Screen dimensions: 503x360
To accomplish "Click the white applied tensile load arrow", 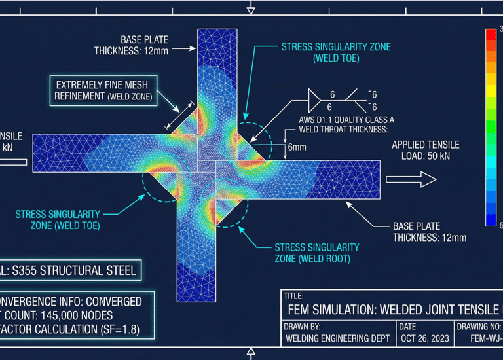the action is [x=411, y=179].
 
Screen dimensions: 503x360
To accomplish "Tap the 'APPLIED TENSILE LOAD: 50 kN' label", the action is [x=425, y=151].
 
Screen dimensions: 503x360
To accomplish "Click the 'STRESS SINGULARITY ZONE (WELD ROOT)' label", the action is [x=316, y=253].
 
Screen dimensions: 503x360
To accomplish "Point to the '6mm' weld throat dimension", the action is [x=297, y=147].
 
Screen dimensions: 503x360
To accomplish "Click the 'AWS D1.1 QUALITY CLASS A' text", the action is [x=338, y=120].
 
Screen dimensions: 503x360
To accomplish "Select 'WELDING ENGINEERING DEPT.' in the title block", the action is [x=338, y=338].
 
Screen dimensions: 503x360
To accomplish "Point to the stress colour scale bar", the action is [x=491, y=127].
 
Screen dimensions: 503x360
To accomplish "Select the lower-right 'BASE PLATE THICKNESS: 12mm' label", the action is [x=429, y=231].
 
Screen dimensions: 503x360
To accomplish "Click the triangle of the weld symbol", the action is [x=315, y=100].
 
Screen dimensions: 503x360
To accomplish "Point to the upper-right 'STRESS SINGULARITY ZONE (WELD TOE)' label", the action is [x=335, y=52].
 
